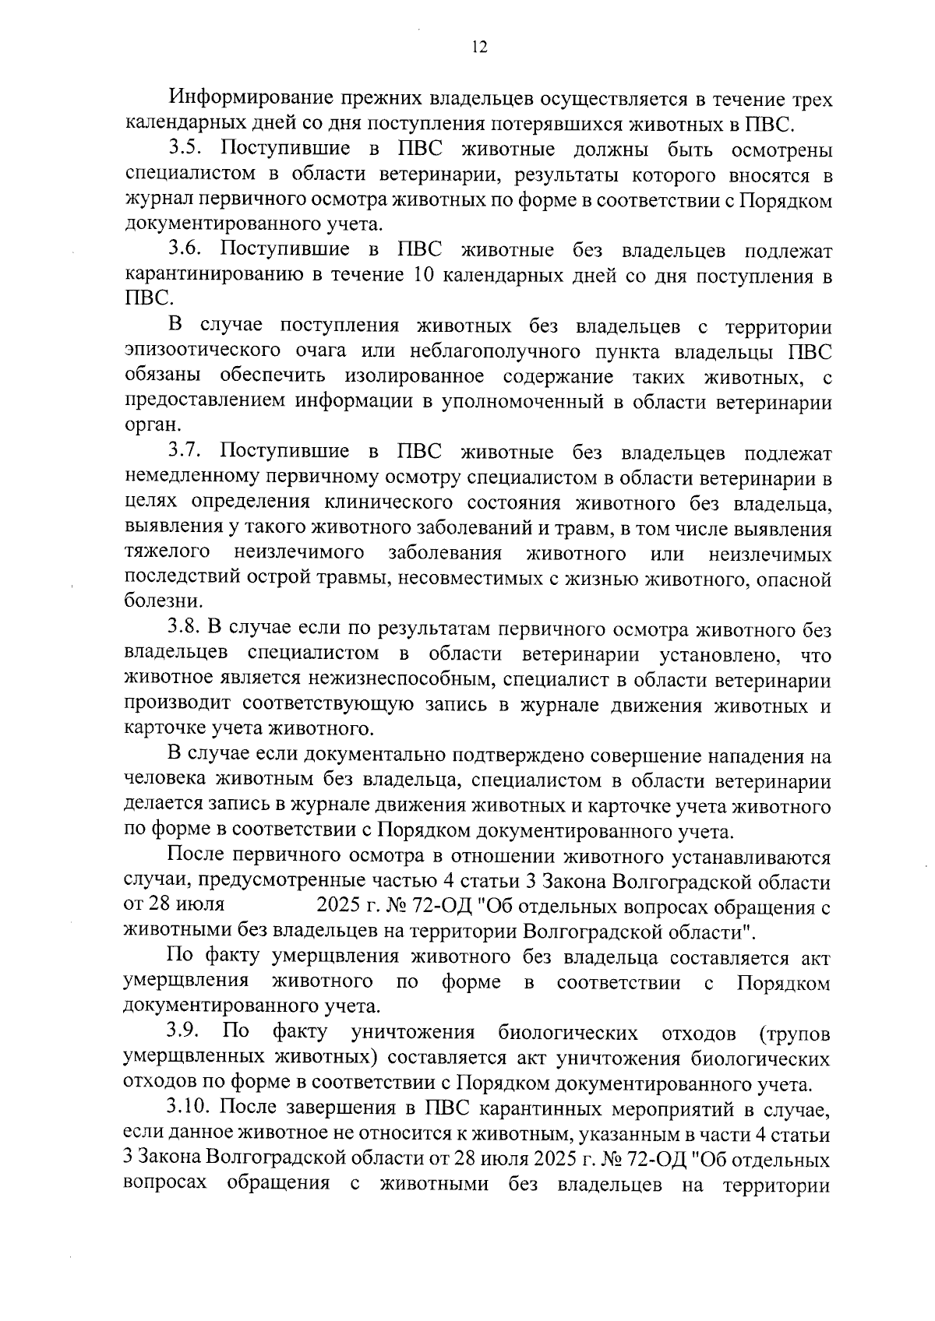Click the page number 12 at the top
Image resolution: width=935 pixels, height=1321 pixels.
[x=479, y=48]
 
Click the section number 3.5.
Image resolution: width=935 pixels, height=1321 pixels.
[x=185, y=150]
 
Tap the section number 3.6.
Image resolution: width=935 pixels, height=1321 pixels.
[x=185, y=251]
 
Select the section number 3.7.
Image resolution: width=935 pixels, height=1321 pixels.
[x=185, y=453]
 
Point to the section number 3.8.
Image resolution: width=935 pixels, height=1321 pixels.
[x=185, y=629]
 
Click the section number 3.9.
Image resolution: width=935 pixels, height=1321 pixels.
[x=185, y=1034]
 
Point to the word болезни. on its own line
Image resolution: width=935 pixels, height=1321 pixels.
[x=154, y=602]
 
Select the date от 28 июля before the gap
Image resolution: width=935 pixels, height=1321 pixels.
[x=175, y=906]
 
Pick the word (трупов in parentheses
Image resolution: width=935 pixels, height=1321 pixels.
[x=793, y=1034]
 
